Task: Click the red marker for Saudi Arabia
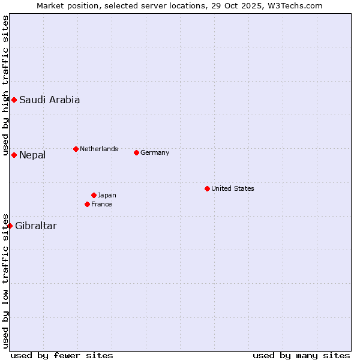[x=14, y=100]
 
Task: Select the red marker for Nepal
[x=14, y=155]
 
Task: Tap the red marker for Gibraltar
[x=10, y=226]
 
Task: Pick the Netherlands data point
[x=76, y=149]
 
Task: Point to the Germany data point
[x=136, y=152]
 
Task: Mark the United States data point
[x=207, y=188]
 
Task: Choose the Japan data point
[x=94, y=195]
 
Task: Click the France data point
[x=87, y=204]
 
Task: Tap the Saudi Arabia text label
[x=49, y=100]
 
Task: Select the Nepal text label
[x=32, y=155]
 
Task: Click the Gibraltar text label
[x=36, y=226]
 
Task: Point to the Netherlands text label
[x=99, y=149]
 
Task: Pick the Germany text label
[x=155, y=152]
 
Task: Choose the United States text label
[x=233, y=188]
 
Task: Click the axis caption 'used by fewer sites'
[x=62, y=355]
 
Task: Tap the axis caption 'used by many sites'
[x=301, y=355]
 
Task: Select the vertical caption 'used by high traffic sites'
[x=5, y=85]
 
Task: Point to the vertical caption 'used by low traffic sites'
[x=5, y=281]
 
